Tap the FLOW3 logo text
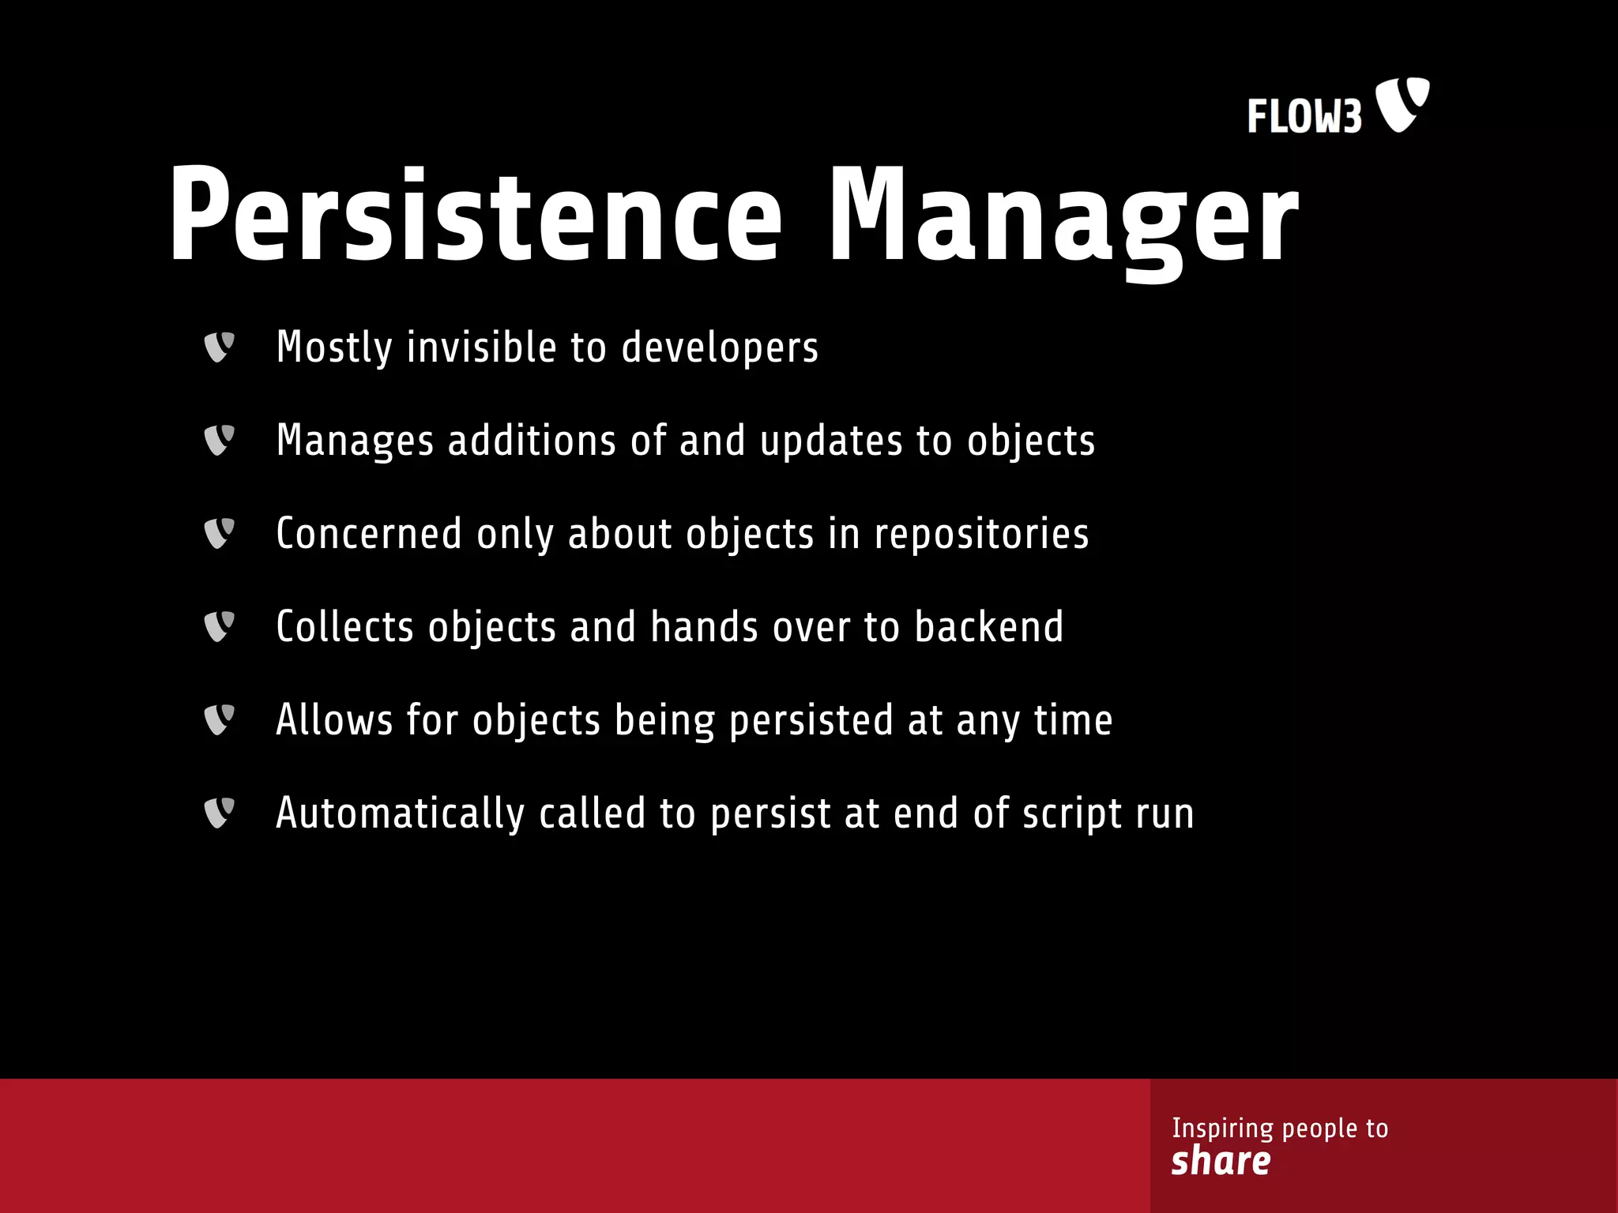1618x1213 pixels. pos(1304,117)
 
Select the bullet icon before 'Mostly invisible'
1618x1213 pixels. pos(219,347)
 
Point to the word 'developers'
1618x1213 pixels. pos(720,347)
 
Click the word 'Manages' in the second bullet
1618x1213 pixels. pos(355,441)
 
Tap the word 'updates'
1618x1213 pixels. pos(831,441)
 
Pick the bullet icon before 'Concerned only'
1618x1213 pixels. pos(219,533)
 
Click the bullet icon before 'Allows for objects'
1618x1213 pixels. pos(219,719)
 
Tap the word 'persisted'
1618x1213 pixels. pos(811,720)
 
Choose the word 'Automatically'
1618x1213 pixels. pos(400,813)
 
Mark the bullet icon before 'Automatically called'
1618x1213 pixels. pos(219,813)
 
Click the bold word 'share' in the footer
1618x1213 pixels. pos(1221,1161)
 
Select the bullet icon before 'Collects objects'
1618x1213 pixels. pos(219,626)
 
